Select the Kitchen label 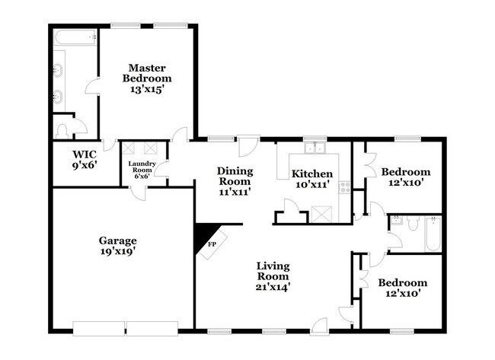[x=313, y=173]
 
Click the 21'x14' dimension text [x=273, y=287]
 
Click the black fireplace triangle [x=204, y=236]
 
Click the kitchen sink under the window [x=314, y=148]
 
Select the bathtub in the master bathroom [x=75, y=37]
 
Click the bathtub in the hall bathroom [x=432, y=234]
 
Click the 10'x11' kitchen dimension [x=313, y=184]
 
